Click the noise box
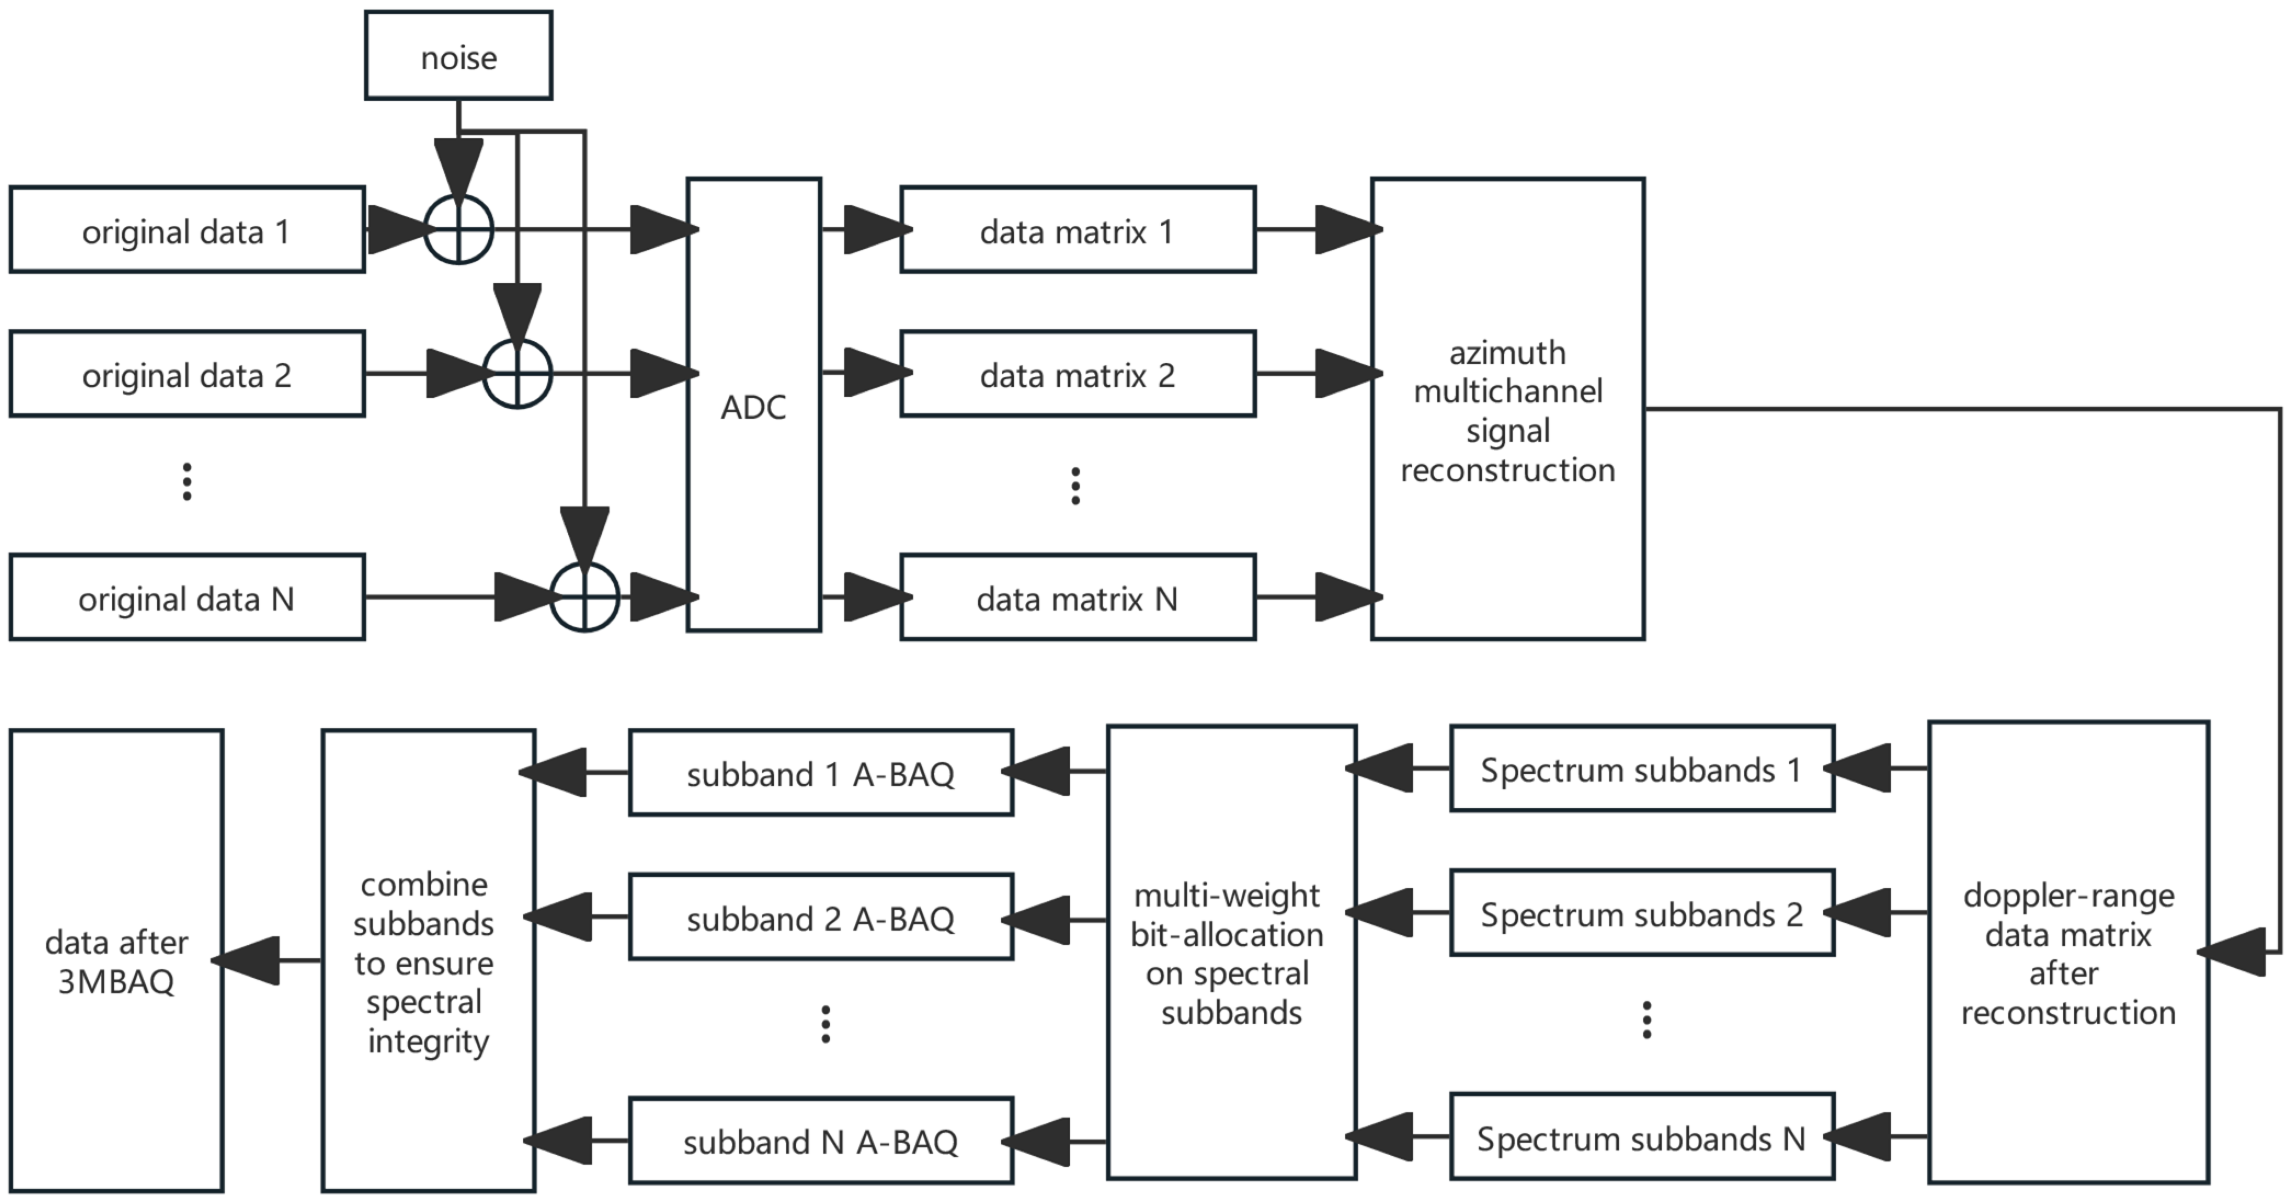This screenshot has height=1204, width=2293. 458,55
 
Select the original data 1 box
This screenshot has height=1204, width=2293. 187,230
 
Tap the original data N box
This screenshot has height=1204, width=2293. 187,597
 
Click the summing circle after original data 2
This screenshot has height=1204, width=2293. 517,374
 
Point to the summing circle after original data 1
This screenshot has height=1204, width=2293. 458,230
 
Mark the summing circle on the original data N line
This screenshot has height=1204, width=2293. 584,597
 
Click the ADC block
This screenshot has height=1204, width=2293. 753,405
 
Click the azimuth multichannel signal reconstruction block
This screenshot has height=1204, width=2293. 1507,409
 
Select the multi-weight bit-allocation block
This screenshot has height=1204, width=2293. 1231,952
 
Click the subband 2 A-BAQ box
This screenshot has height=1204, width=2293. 821,917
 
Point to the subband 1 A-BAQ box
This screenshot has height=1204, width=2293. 821,772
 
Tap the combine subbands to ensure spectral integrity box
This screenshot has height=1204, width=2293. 428,961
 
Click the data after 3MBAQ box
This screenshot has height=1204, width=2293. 117,961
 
